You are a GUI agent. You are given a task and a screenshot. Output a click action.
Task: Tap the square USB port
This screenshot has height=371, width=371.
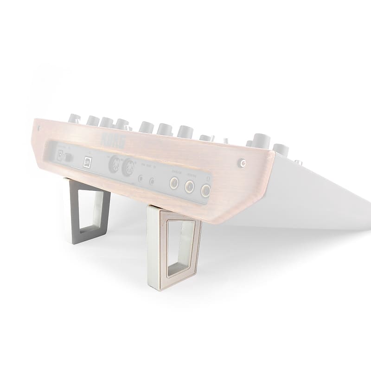point(87,161)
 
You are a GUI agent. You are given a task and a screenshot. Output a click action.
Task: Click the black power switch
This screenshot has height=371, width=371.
point(69,157)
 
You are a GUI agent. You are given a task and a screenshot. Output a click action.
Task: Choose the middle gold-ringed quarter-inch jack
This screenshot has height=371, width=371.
point(190,186)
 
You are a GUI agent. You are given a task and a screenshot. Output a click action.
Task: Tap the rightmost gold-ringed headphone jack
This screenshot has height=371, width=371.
point(205,190)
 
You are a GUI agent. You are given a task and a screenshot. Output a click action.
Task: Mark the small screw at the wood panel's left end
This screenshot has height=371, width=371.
point(39,127)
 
